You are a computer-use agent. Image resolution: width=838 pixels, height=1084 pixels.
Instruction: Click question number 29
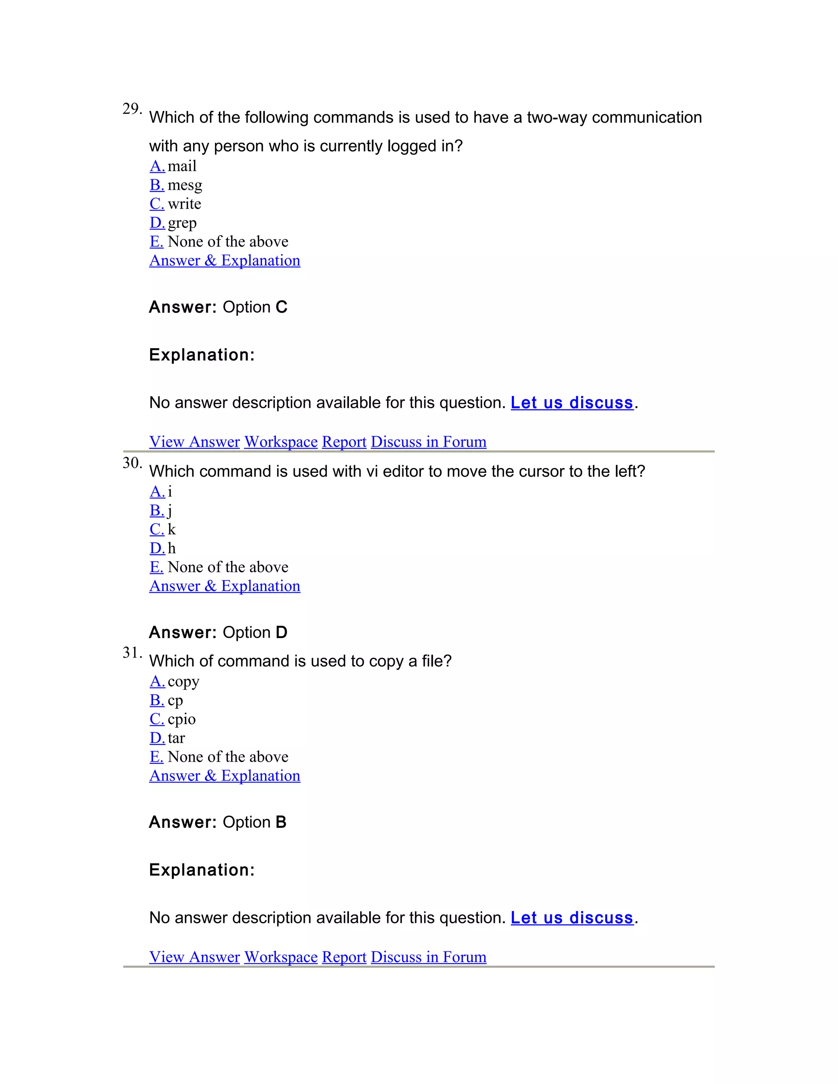coord(132,109)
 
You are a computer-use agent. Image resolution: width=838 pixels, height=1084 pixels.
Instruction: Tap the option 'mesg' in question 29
coord(185,185)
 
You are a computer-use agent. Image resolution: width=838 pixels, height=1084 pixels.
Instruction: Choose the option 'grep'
coord(182,223)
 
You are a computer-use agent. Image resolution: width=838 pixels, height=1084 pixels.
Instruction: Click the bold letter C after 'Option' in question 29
coord(282,307)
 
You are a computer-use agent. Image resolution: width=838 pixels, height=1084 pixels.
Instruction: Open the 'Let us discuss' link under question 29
coord(572,403)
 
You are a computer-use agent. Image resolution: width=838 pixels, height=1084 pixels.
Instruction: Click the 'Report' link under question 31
coord(344,957)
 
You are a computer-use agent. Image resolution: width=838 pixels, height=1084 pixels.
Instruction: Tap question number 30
coord(132,463)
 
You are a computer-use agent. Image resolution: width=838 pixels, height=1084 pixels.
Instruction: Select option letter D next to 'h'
coord(157,549)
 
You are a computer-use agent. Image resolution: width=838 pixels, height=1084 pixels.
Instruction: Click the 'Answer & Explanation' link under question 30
coord(225,586)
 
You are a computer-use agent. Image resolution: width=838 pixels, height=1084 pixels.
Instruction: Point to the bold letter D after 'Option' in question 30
coord(282,632)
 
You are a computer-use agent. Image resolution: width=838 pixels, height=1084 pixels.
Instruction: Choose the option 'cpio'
coord(182,719)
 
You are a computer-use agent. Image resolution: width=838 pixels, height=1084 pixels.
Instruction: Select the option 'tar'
coord(176,738)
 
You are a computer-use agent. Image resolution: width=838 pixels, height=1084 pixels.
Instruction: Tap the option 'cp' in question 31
coord(175,700)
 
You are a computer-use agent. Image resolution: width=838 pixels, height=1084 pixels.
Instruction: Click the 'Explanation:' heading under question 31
coord(202,870)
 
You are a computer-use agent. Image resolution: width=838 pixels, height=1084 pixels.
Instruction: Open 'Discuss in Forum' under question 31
coord(428,957)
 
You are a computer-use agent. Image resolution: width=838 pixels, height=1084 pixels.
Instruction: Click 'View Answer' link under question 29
coord(195,442)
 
